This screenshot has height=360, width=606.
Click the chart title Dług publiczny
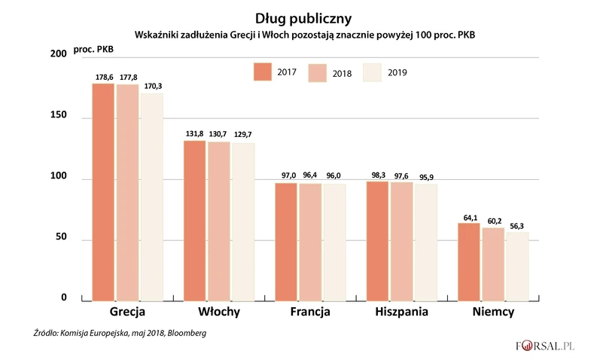tap(303, 16)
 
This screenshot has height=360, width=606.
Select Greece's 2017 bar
tap(103, 192)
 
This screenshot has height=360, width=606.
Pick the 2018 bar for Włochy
tap(220, 221)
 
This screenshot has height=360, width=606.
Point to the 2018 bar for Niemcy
tap(493, 264)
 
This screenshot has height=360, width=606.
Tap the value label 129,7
tap(243, 134)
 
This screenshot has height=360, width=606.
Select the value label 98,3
tap(378, 174)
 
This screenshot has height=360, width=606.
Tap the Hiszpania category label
tap(403, 312)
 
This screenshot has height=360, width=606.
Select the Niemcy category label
tap(493, 312)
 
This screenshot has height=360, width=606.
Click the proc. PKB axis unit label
tap(93, 50)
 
